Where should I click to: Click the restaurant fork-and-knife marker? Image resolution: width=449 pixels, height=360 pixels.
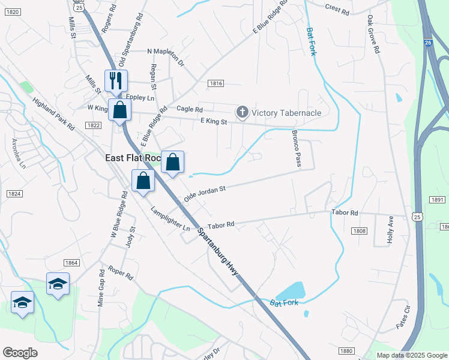click(116, 80)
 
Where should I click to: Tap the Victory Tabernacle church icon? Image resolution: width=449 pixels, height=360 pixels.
click(242, 112)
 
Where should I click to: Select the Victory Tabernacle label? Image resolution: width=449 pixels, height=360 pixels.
click(286, 113)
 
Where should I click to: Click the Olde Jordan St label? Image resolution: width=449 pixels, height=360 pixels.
click(204, 193)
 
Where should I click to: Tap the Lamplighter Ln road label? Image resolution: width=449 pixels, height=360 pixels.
click(170, 219)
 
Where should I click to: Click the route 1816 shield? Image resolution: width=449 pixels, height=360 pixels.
click(216, 83)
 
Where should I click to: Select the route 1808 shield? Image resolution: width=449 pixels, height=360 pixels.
click(360, 231)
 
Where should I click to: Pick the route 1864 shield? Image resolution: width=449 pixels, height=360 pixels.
click(71, 262)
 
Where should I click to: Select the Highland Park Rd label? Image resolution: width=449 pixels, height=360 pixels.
click(53, 114)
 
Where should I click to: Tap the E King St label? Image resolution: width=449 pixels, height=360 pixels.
click(214, 122)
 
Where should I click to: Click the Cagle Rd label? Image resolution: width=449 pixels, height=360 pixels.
click(190, 109)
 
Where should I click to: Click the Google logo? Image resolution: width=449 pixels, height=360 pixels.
click(20, 353)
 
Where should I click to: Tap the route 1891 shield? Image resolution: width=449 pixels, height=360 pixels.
click(437, 200)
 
